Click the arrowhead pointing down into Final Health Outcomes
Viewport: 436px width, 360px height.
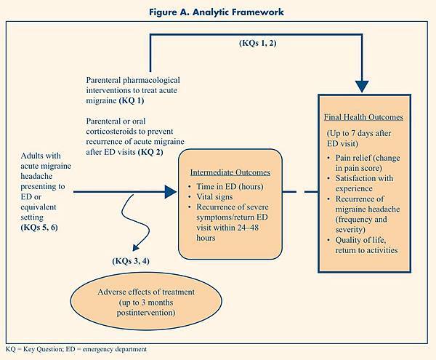361,84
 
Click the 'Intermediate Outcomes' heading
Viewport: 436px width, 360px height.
230,173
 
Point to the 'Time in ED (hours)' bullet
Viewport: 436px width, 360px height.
233,187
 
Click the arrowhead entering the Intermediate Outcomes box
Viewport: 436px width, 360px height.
170,192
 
